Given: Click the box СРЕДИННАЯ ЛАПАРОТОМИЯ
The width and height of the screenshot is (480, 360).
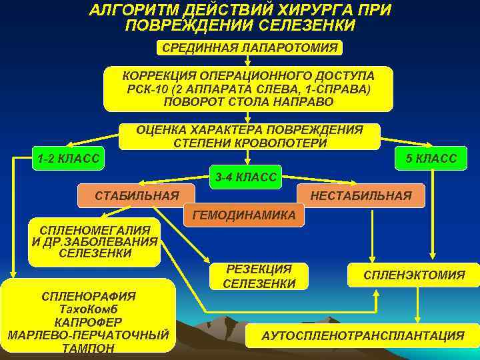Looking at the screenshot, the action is (x=249, y=47).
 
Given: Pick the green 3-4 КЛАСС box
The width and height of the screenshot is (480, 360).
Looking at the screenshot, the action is (x=246, y=176).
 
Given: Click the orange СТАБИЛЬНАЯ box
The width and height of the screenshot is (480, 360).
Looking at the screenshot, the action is (x=137, y=195).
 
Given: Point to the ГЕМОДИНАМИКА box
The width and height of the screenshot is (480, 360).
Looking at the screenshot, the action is (x=243, y=215).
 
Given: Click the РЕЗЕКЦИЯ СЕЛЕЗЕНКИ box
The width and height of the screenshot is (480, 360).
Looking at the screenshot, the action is (x=259, y=276).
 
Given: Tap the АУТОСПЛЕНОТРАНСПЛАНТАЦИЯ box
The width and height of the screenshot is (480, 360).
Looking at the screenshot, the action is (x=363, y=336).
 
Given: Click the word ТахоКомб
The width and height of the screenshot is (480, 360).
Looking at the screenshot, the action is (x=89, y=309).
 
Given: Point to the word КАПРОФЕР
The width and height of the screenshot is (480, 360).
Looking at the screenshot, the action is (x=89, y=321).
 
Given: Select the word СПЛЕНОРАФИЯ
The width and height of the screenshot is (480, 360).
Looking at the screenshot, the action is (x=89, y=296).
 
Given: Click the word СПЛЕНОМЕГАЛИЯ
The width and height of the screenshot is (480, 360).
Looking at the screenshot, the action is (x=95, y=229).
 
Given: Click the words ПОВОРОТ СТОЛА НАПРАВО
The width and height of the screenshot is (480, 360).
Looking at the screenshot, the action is (x=248, y=102).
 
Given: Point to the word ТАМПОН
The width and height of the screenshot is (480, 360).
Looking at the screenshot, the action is (x=87, y=347).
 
